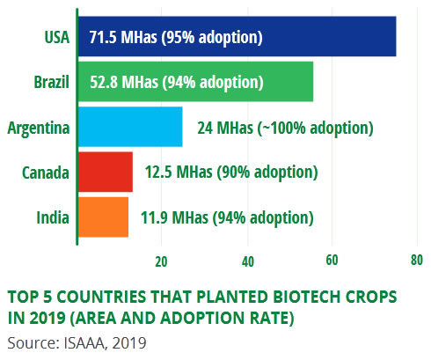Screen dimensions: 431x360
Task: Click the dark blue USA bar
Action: [237, 36]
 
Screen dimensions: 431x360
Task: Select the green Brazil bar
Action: [195, 82]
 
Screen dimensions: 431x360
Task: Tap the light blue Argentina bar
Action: [130, 127]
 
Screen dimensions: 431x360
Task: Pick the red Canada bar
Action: [106, 172]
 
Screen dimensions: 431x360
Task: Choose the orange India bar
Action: [103, 217]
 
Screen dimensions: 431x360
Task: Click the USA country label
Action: [57, 37]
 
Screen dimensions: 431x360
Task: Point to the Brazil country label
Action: [52, 82]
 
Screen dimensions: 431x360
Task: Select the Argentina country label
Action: [39, 129]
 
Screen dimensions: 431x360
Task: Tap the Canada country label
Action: [46, 173]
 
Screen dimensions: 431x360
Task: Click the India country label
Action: [53, 217]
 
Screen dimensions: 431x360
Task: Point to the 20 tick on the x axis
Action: [161, 261]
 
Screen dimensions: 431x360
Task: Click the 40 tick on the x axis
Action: [248, 261]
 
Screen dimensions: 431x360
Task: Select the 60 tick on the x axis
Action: [332, 261]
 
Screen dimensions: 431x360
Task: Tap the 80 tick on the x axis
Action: [417, 261]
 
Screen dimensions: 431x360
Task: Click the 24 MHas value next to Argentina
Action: [225, 128]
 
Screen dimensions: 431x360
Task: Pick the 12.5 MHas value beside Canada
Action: [179, 172]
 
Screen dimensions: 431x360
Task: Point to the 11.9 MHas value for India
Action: [174, 217]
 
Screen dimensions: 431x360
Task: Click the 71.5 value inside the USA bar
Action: [103, 37]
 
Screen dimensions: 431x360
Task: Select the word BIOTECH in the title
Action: [307, 297]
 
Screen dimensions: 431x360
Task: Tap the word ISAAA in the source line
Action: [84, 342]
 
